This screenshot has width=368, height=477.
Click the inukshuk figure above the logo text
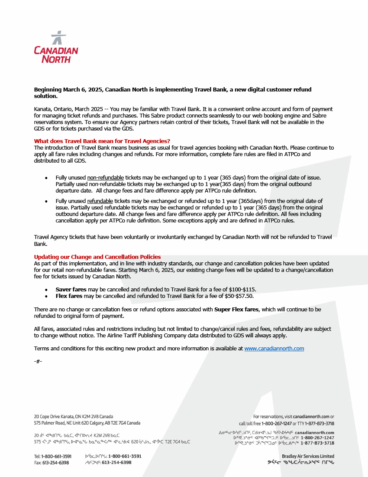(x=57, y=38)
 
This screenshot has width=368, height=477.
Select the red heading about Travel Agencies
(x=102, y=141)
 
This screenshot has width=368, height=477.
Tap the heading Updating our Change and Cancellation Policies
(x=97, y=257)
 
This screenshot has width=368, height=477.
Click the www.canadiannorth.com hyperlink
(x=274, y=349)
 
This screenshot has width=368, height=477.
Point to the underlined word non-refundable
(x=106, y=178)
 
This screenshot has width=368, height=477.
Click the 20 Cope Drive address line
(x=74, y=416)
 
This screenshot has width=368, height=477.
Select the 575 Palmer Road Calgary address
(x=87, y=423)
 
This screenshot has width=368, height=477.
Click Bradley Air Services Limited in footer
(x=308, y=456)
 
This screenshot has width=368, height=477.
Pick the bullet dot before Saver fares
(x=46, y=289)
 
